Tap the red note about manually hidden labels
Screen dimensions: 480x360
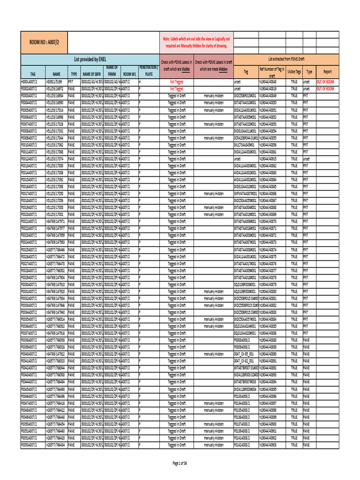[x=196, y=42]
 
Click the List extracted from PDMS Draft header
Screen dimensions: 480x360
[x=286, y=60]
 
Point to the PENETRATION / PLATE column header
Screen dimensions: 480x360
[x=149, y=71]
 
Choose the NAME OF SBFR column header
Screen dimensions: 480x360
[x=92, y=74]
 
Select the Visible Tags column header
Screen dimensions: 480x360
[x=294, y=72]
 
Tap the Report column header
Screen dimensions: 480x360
[x=327, y=72]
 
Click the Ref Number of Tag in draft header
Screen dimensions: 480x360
[x=272, y=72]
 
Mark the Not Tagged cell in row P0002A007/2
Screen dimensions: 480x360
[x=176, y=88]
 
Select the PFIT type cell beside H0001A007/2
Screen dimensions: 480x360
[x=74, y=81]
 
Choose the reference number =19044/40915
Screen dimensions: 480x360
[x=271, y=158]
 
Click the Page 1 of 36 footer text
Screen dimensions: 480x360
[x=180, y=464]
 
